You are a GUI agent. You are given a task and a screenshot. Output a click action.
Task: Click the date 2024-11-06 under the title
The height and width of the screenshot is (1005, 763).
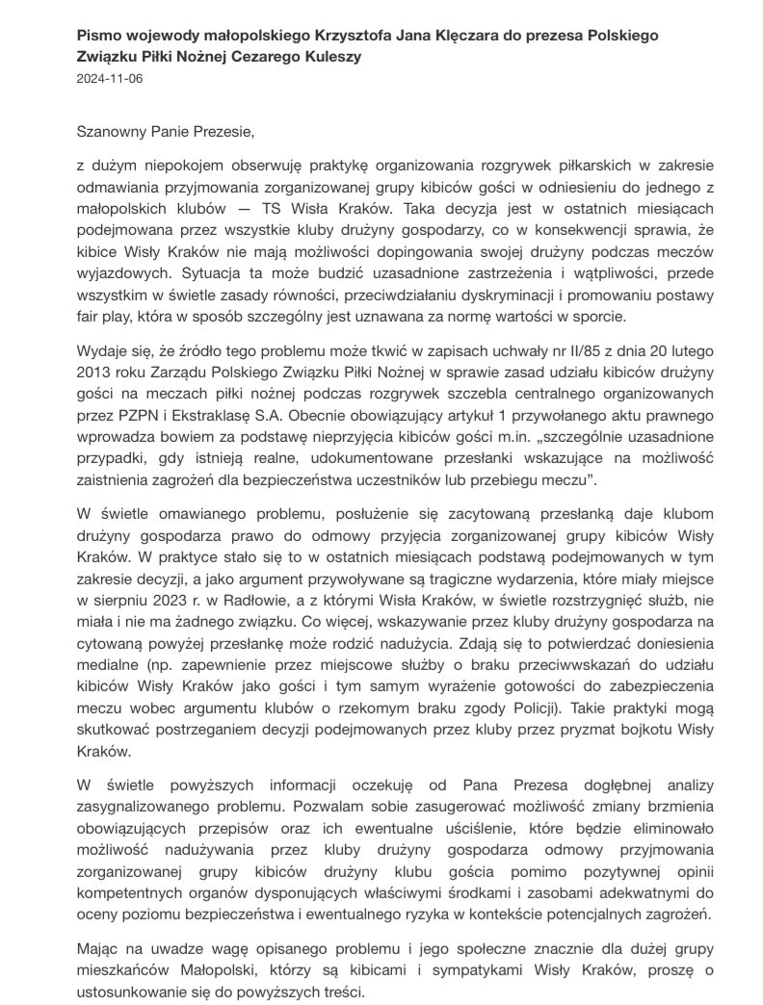click(108, 79)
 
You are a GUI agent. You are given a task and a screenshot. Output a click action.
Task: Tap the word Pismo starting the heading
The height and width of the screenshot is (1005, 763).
click(98, 35)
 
